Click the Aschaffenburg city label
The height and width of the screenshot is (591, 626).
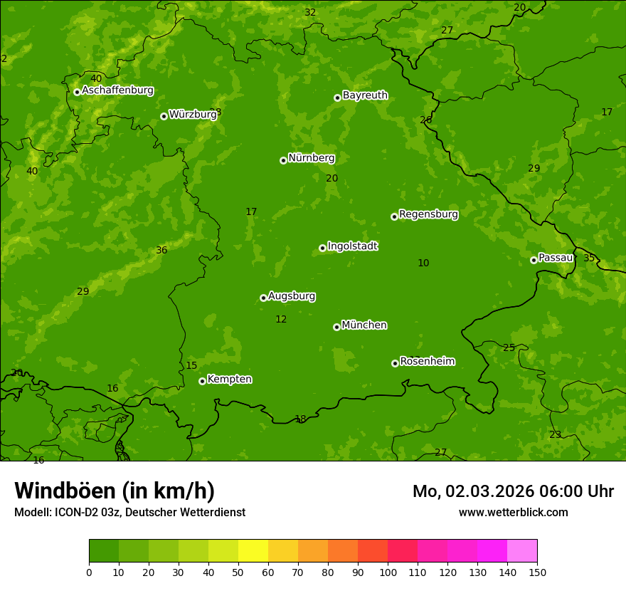point(117,90)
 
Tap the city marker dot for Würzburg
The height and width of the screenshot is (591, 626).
point(164,116)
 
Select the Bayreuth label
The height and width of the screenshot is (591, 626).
point(365,95)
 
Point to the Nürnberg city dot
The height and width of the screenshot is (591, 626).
point(283,160)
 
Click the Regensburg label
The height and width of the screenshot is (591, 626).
point(428,214)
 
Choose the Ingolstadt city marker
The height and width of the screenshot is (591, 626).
point(322,248)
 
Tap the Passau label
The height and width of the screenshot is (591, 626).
point(556,258)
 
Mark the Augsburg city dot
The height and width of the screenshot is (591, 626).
point(263,298)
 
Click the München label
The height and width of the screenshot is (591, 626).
point(364,325)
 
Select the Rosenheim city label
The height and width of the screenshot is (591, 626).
point(427,362)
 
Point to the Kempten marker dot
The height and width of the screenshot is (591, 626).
point(202,381)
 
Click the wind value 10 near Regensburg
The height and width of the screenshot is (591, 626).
point(423,263)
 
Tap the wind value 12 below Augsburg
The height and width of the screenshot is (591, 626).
point(281,320)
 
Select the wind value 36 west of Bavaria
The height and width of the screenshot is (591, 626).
point(161,251)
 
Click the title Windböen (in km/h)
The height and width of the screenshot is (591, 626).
point(115,491)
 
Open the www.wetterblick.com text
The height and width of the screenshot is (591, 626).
point(513,512)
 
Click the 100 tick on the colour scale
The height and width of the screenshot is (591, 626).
point(388,572)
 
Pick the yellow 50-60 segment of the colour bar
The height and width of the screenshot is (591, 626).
point(253,550)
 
